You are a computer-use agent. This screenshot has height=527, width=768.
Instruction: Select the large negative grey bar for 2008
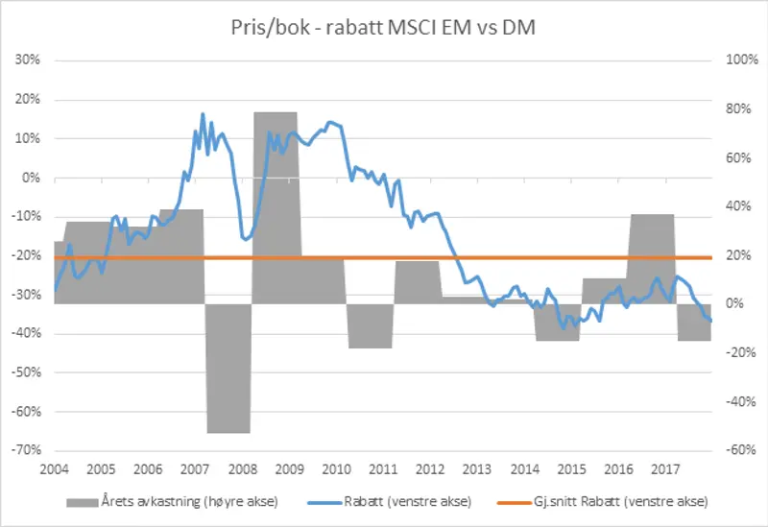[x=228, y=369]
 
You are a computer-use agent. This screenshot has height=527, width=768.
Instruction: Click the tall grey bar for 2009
[x=276, y=207]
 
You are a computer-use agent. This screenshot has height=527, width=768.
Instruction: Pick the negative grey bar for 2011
[x=370, y=325]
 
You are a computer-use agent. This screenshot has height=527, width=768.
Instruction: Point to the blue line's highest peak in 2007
[x=203, y=114]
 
